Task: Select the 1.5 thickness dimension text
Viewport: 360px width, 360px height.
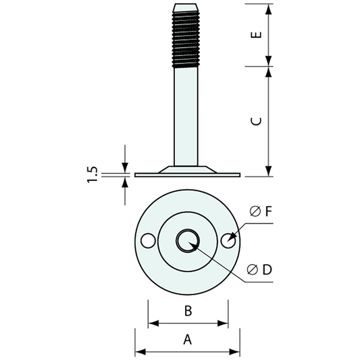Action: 94,174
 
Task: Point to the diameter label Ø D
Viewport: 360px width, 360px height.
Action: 259,270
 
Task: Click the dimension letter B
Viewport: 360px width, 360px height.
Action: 188,311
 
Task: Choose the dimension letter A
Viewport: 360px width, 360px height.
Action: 188,340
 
